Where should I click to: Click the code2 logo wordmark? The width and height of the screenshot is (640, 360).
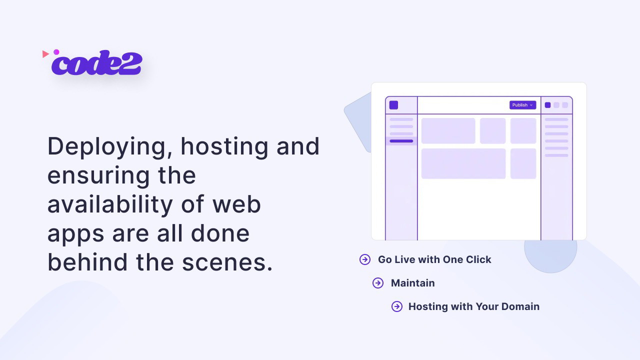pyautogui.click(x=96, y=63)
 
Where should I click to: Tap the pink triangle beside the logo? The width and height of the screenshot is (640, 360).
pyautogui.click(x=45, y=54)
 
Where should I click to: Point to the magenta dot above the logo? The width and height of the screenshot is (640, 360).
pyautogui.click(x=56, y=52)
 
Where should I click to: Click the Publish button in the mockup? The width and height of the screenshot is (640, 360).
pyautogui.click(x=522, y=105)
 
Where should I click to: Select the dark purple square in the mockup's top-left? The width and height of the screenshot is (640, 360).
pyautogui.click(x=393, y=105)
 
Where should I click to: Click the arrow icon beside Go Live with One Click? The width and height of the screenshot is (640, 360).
pyautogui.click(x=365, y=259)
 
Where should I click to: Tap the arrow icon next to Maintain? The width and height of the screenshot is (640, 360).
pyautogui.click(x=378, y=283)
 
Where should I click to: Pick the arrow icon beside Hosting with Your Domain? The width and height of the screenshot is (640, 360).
pyautogui.click(x=397, y=306)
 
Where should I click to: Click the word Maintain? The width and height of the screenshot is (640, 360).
pyautogui.click(x=413, y=283)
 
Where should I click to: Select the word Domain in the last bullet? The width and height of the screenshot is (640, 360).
pyautogui.click(x=520, y=306)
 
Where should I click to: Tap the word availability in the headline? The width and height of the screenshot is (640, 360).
pyautogui.click(x=110, y=204)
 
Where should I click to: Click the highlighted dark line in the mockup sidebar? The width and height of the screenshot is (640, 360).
pyautogui.click(x=401, y=141)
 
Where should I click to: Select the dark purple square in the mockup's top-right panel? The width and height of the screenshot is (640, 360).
pyautogui.click(x=547, y=105)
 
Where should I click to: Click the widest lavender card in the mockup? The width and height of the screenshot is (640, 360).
pyautogui.click(x=463, y=163)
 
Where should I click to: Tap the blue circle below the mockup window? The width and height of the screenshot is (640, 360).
pyautogui.click(x=550, y=255)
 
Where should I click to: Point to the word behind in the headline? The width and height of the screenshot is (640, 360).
pyautogui.click(x=87, y=262)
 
